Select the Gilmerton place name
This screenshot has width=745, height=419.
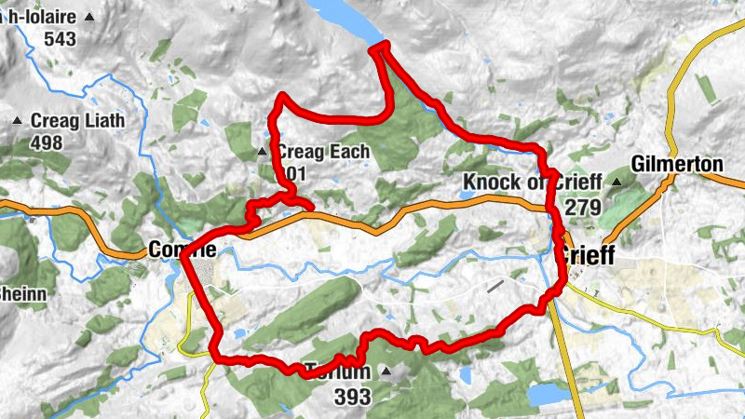pos(677,164)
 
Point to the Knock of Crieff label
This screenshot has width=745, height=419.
pos(532,182)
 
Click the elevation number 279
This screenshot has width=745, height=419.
pos(583,207)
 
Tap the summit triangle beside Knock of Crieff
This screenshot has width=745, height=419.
pos(616,182)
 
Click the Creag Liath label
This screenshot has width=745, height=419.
pos(77,121)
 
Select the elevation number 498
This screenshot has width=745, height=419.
pos(46,142)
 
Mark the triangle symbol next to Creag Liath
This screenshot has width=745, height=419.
pos(17,121)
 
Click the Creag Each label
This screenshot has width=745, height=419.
pos(323,152)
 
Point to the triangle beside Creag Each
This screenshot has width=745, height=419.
pos(262,152)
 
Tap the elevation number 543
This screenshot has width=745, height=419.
pos(59,39)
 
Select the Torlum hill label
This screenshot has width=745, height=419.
pos(338,372)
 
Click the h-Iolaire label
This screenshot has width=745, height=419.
pos(41,17)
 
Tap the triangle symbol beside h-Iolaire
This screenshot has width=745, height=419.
pos(89,17)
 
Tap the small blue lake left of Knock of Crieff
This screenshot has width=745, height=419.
pos(465,195)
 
